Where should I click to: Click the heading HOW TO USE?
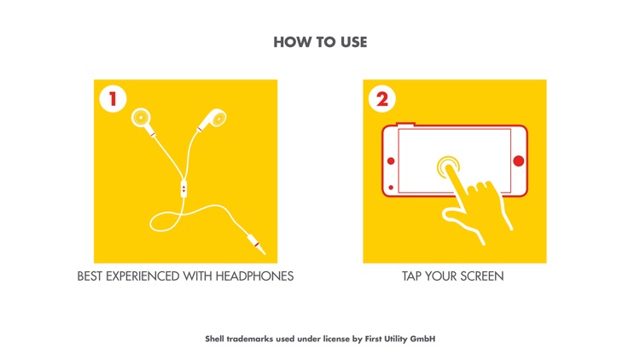click(320, 42)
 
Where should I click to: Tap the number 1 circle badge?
click(113, 99)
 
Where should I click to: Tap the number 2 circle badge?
click(382, 99)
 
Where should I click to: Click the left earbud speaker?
click(141, 118)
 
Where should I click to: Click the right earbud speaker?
click(218, 118)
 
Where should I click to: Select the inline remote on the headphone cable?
click(183, 189)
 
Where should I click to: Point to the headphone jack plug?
click(255, 244)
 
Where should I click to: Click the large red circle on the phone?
click(518, 161)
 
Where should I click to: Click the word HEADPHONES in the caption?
click(254, 276)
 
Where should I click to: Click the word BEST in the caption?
click(90, 276)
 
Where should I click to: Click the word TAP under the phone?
click(411, 276)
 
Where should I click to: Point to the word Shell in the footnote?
click(215, 339)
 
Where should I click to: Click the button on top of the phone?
click(405, 124)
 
